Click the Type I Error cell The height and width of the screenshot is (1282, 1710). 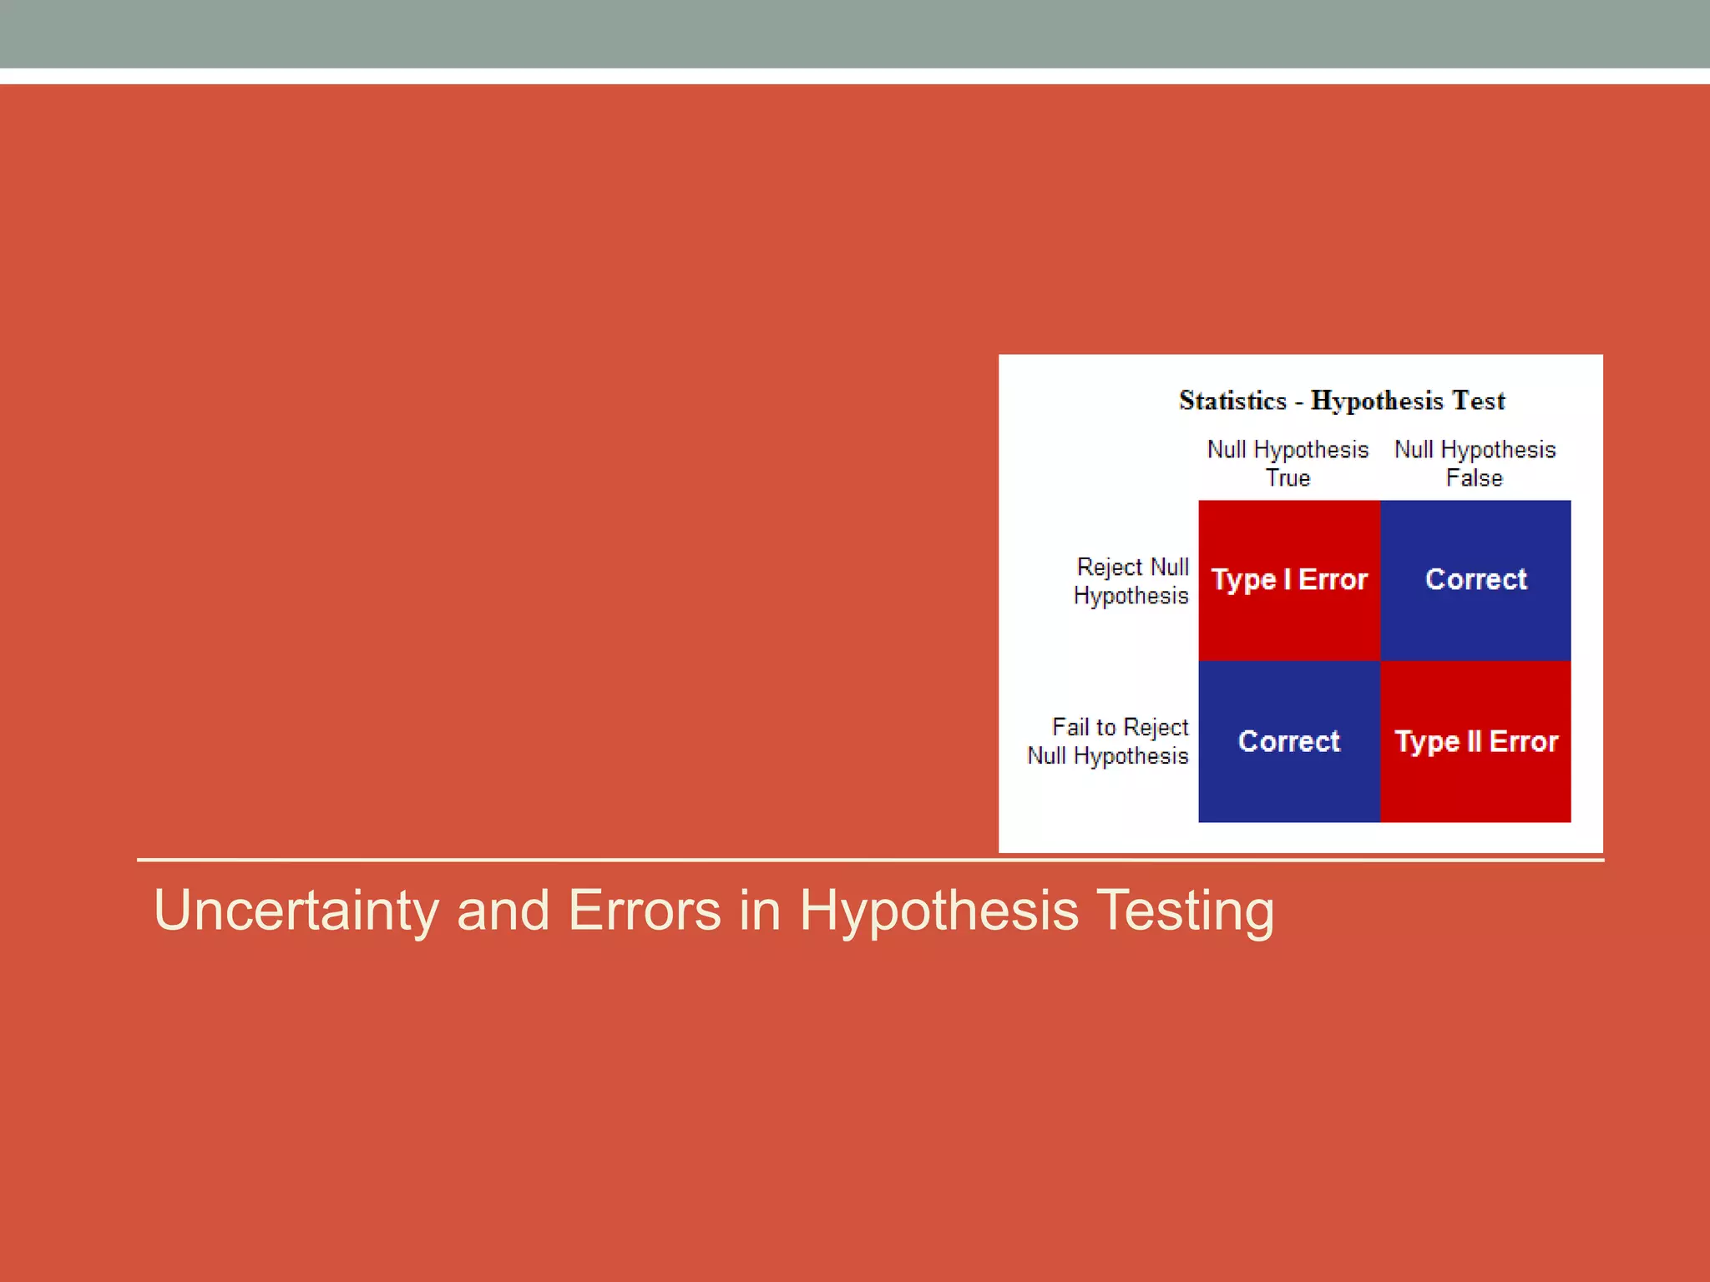coord(1288,580)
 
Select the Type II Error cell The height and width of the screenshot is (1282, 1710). coord(1475,741)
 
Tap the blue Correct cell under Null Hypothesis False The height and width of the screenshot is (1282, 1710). coord(1475,580)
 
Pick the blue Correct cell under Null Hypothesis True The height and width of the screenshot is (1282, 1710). coord(1288,741)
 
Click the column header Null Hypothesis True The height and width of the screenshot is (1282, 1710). coord(1288,463)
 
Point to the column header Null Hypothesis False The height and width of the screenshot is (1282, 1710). coord(1475,463)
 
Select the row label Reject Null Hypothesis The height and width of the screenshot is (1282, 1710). coord(1131,581)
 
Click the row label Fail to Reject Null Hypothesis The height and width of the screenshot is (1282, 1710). coord(1108,741)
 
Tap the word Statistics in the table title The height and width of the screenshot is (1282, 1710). coord(1232,401)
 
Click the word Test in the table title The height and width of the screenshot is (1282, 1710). coord(1479,401)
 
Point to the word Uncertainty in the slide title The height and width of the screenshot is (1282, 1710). coord(296,910)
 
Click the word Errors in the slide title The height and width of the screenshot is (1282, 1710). coord(644,910)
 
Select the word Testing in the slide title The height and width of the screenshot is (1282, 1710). coord(1185,910)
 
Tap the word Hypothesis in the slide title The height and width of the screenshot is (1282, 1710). coord(938,911)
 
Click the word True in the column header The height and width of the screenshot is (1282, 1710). coord(1288,478)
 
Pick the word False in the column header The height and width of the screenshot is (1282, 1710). coord(1475,478)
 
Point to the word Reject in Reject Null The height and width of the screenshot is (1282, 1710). coord(1110,567)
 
